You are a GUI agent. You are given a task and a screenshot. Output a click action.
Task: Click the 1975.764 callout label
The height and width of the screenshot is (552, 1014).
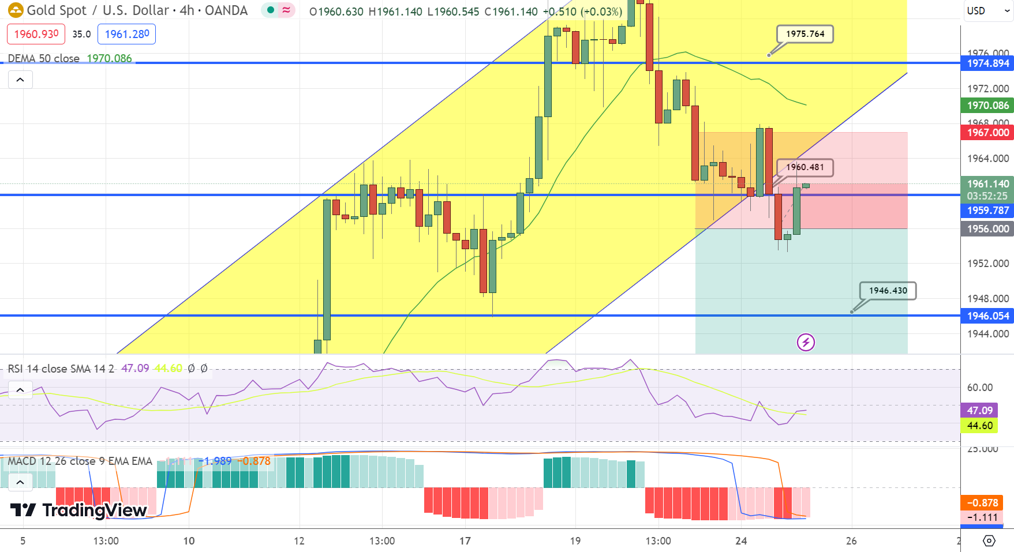[805, 34]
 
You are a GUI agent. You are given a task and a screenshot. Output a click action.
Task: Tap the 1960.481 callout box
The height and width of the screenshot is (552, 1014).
[805, 167]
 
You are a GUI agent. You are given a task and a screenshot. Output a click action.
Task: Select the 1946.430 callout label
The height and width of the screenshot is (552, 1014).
[888, 291]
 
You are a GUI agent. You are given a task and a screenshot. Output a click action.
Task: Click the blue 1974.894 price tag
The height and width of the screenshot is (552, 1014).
[987, 63]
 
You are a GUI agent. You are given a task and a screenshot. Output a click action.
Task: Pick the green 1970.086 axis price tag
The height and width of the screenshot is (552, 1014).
[987, 106]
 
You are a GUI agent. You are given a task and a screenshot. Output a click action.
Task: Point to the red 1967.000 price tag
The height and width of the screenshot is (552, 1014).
[987, 133]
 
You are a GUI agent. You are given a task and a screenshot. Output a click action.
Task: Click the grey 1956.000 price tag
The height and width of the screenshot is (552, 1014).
[987, 229]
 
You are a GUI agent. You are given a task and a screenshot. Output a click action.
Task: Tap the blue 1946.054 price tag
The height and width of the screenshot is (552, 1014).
[987, 316]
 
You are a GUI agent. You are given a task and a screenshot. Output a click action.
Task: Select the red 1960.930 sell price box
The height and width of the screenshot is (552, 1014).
[36, 34]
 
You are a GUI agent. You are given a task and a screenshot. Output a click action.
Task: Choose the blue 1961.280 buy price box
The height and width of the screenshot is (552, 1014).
[127, 34]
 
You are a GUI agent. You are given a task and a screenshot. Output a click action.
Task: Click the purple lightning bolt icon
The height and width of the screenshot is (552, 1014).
[806, 342]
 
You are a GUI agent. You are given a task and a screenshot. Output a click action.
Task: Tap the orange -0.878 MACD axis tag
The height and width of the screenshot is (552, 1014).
[982, 503]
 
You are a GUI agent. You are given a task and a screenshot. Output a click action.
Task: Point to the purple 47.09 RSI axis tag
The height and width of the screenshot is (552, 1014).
[979, 411]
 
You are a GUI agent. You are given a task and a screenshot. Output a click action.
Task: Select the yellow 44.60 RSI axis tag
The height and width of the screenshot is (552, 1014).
[979, 426]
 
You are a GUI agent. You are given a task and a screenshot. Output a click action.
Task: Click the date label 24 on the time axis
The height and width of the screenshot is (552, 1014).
[741, 541]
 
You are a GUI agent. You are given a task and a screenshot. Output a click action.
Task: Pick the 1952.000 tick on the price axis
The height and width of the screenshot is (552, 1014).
[987, 264]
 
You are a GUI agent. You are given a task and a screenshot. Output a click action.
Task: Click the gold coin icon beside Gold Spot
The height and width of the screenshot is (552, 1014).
[16, 10]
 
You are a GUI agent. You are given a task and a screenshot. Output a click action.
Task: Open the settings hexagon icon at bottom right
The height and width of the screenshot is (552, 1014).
[989, 540]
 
